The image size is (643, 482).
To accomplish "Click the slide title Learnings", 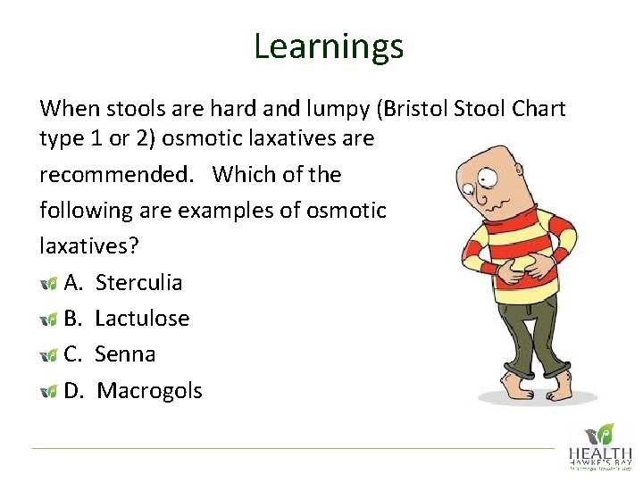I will (328, 46).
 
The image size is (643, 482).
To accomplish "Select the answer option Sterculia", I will (138, 283).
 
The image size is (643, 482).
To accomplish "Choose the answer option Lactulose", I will (142, 319).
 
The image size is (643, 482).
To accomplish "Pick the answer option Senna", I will (125, 354).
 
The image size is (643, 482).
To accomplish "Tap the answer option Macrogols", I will (149, 391).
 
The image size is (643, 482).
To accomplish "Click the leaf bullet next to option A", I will (49, 284).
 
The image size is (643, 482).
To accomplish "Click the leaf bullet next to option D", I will (49, 391).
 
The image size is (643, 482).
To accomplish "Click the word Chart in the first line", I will (535, 109).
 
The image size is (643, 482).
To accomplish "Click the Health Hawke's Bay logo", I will (601, 445).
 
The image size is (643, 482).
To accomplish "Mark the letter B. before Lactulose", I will (75, 319).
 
